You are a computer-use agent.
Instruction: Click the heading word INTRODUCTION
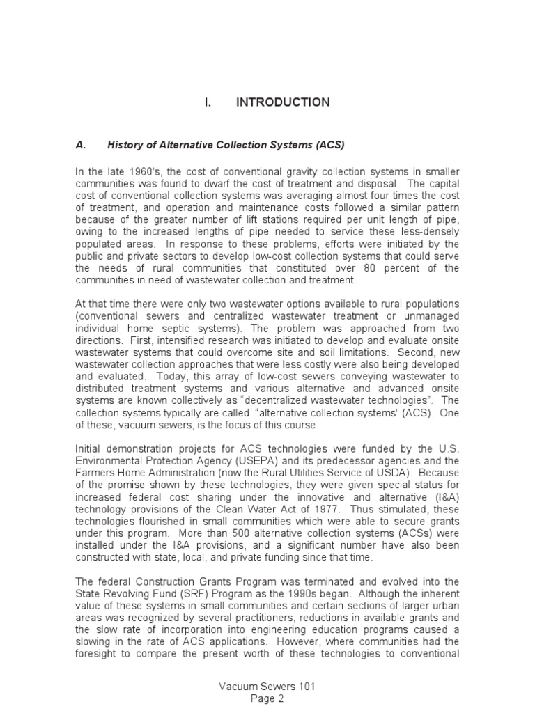point(283,102)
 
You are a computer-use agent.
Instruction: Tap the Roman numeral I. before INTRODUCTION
point(208,102)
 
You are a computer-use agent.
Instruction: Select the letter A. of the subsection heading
point(80,145)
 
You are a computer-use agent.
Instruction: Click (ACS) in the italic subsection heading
point(329,145)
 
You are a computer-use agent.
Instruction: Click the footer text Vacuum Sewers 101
point(267,687)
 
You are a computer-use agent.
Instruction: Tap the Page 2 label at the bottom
point(267,698)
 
